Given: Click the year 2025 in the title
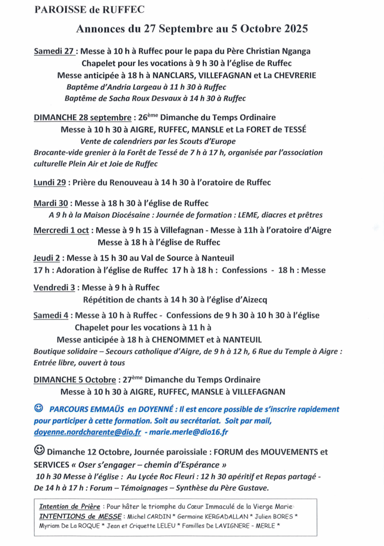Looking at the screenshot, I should click(x=292, y=29).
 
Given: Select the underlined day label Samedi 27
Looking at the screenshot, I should click(x=55, y=51).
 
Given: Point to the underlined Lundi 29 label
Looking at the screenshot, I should click(x=51, y=182).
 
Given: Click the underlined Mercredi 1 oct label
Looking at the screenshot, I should click(x=61, y=231).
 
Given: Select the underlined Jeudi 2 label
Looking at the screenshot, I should click(x=47, y=257).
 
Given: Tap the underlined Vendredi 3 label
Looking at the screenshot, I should click(x=55, y=288).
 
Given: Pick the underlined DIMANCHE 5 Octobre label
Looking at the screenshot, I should click(x=76, y=379).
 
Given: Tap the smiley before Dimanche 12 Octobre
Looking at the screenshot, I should click(x=39, y=449).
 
